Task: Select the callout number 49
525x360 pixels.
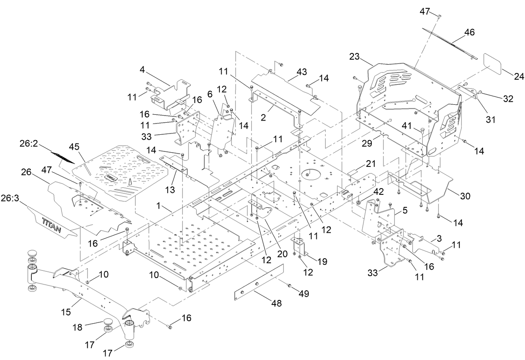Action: coord(304,294)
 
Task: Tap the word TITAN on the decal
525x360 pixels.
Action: coord(51,222)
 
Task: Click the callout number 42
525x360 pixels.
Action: coord(378,192)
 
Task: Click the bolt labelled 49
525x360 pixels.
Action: coord(289,285)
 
